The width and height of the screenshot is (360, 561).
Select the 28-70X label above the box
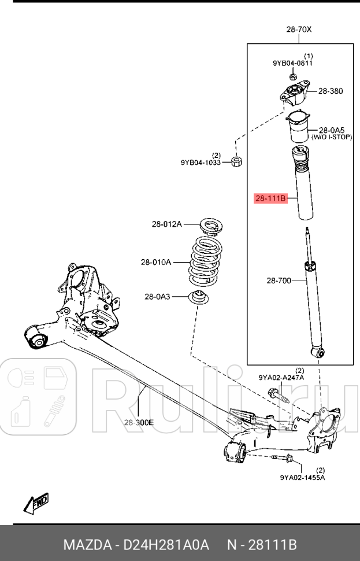coord(298,29)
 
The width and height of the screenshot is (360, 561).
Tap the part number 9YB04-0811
coord(293,63)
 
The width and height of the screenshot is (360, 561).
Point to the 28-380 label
coord(331,91)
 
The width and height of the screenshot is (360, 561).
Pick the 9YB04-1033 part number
coord(201,163)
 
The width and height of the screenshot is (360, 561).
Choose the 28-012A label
coord(166,224)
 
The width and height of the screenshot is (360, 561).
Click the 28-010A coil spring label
coord(155,262)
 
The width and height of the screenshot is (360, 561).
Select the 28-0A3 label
coord(157,297)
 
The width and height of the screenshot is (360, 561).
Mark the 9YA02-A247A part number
coord(281,378)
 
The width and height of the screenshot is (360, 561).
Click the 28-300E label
coord(138,422)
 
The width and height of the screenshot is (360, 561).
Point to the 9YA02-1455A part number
coord(302,477)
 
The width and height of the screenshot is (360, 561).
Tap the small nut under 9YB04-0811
coord(292,76)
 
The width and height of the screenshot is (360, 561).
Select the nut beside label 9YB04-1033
coord(236,161)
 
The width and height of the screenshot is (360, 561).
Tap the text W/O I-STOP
coord(332,138)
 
